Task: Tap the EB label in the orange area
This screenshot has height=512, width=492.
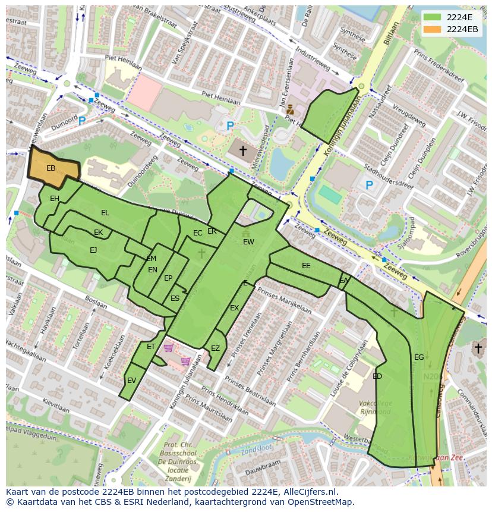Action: pyautogui.click(x=51, y=169)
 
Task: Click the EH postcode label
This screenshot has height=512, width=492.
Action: pyautogui.click(x=55, y=199)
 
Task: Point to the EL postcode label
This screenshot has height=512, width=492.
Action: pyautogui.click(x=105, y=213)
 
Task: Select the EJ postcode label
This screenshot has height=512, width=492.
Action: pyautogui.click(x=93, y=250)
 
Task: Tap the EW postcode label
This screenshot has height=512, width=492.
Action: pyautogui.click(x=248, y=242)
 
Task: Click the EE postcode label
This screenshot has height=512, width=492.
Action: pyautogui.click(x=306, y=266)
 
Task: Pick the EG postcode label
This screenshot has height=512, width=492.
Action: pyautogui.click(x=419, y=357)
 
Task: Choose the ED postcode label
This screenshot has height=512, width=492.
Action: pyautogui.click(x=377, y=376)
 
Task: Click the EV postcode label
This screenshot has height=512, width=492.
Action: pyautogui.click(x=131, y=381)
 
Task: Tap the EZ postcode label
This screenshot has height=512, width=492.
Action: pyautogui.click(x=215, y=348)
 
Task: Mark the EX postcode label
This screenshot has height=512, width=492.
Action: pyautogui.click(x=234, y=308)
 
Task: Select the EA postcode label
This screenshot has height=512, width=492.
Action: pyautogui.click(x=343, y=281)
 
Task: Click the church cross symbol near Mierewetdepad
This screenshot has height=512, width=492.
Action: pyautogui.click(x=242, y=151)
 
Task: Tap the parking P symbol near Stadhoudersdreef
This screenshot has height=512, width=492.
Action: pyautogui.click(x=369, y=186)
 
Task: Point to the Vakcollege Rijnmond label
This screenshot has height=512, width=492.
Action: pyautogui.click(x=374, y=407)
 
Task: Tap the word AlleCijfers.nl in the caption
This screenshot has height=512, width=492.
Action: pyautogui.click(x=309, y=492)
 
